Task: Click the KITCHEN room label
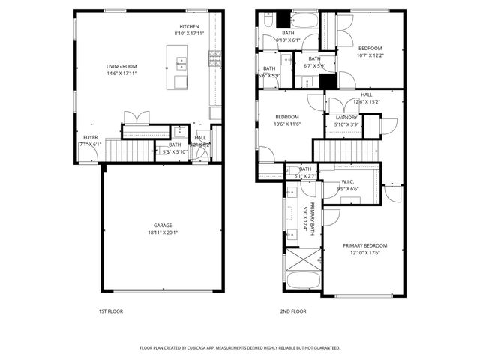tap(188, 26)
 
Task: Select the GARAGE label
tap(163, 225)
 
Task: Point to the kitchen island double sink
tap(181, 66)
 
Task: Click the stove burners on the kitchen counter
tap(214, 54)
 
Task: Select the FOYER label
tap(90, 137)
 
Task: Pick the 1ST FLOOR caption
tap(110, 310)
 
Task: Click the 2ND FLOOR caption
tap(294, 310)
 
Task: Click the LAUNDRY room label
tap(346, 118)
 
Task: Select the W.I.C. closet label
tap(347, 181)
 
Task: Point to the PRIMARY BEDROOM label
tap(365, 246)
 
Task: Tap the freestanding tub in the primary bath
tap(302, 283)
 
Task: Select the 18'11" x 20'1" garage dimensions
tap(163, 232)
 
